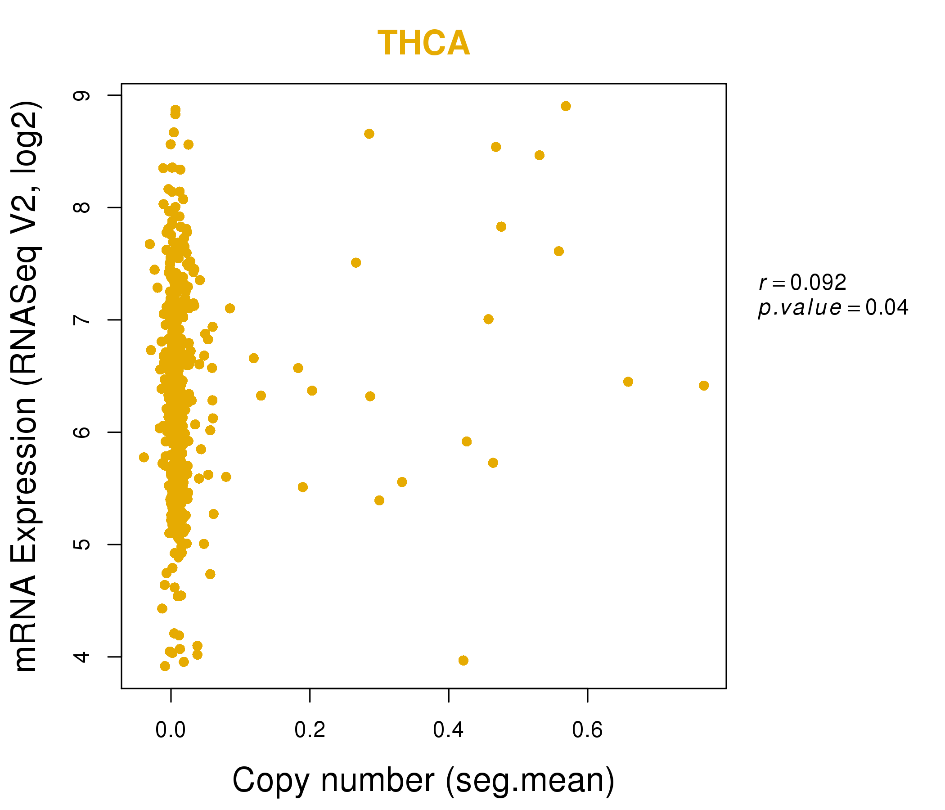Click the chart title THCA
[423, 43]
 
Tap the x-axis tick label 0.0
[171, 730]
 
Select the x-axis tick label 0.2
[310, 730]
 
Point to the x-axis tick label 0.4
[448, 730]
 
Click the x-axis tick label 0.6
[587, 730]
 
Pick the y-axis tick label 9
[82, 95]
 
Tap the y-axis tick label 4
[82, 657]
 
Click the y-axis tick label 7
[82, 319]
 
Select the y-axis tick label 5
[82, 544]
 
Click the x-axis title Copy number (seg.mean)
[423, 780]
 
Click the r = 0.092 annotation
[803, 283]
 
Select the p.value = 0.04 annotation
[833, 308]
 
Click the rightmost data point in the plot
[704, 386]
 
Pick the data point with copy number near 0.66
[628, 382]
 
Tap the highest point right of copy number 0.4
[566, 106]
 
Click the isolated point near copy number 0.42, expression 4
[463, 661]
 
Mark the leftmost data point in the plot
[144, 458]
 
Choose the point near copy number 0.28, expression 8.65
[369, 134]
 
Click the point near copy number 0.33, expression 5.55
[402, 482]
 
